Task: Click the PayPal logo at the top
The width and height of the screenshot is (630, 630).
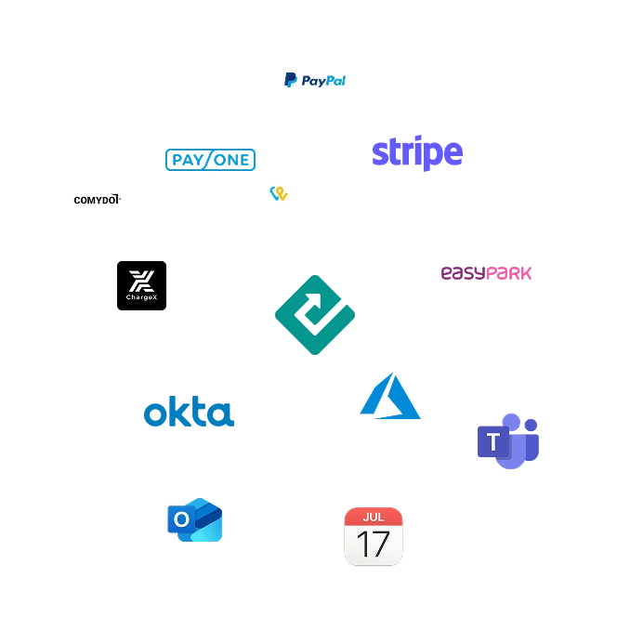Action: click(x=316, y=80)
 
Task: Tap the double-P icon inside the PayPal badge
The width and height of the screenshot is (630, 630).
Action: click(x=290, y=81)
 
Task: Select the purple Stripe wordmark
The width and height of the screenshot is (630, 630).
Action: click(x=416, y=154)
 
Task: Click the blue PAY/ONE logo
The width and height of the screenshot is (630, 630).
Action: click(x=211, y=160)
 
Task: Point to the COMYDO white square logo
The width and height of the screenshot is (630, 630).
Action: click(x=96, y=200)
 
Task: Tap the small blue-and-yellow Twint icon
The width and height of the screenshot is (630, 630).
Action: click(x=277, y=193)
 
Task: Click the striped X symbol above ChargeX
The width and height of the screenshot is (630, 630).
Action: click(x=141, y=279)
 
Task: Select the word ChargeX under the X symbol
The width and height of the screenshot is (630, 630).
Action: click(x=141, y=297)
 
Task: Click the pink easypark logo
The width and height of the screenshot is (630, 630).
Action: click(x=486, y=272)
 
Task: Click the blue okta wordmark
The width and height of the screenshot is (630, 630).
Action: click(x=187, y=413)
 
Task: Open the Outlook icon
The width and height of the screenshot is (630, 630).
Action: click(x=194, y=520)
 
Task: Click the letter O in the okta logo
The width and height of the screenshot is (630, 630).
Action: click(x=154, y=414)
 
